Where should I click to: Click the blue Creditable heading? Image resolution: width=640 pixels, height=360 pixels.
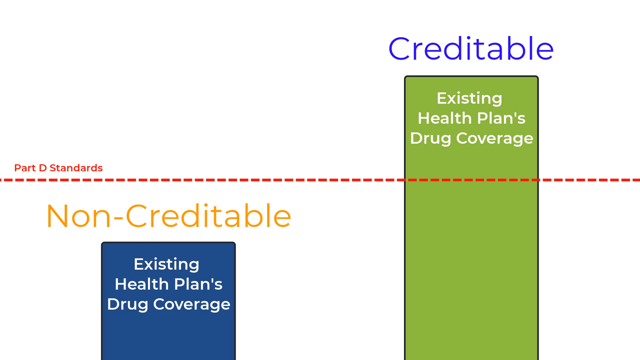[x=471, y=49]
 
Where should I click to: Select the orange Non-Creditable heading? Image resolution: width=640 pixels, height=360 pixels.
[x=169, y=216]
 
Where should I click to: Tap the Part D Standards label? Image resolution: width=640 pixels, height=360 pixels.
[x=58, y=168]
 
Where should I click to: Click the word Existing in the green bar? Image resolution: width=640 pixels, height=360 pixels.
[x=469, y=99]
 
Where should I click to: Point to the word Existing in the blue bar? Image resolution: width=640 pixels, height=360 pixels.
[x=166, y=264]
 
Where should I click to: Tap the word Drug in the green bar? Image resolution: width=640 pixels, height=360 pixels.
[x=431, y=139]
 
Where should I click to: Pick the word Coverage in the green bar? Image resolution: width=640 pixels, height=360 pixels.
[x=495, y=138]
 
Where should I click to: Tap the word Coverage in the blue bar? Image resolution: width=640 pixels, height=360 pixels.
[x=192, y=304]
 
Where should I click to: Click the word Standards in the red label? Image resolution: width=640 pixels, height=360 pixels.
[x=76, y=168]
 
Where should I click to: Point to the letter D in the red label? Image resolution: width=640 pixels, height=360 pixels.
[x=43, y=168]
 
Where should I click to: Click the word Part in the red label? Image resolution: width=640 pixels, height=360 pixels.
[x=25, y=168]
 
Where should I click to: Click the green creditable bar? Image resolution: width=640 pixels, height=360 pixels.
[x=471, y=256]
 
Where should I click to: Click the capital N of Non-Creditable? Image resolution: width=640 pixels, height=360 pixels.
[x=58, y=216]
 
